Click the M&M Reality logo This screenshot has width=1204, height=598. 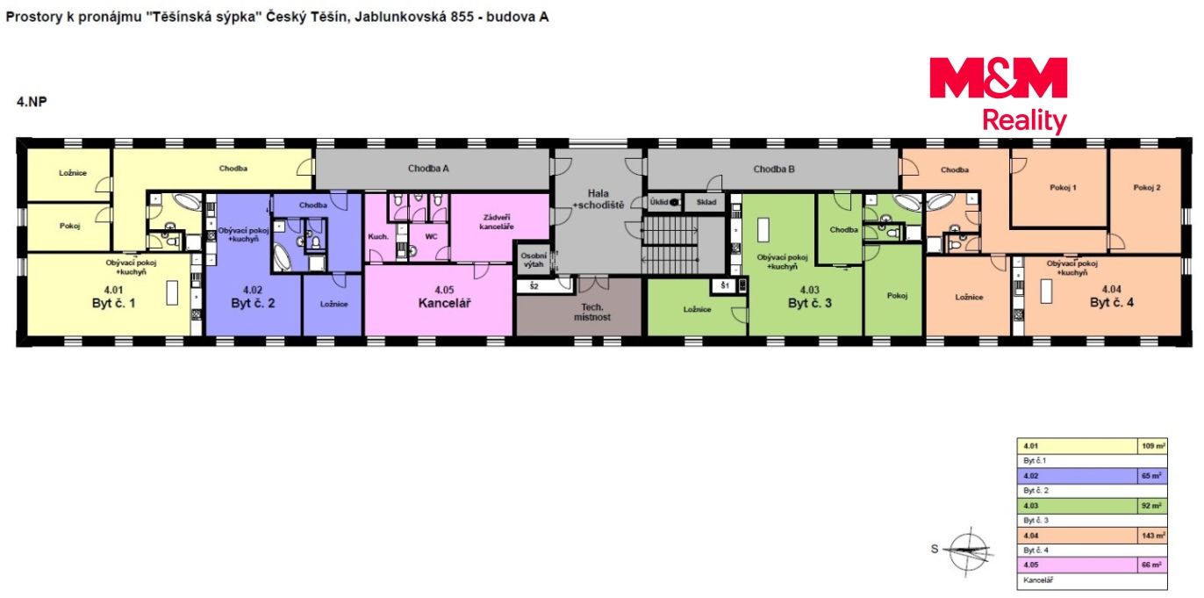pos(999,95)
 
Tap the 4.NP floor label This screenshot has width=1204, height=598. pos(32,102)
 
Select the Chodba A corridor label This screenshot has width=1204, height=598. pos(428,169)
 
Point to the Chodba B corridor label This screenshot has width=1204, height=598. pos(773,169)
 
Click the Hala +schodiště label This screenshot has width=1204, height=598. pos(598,199)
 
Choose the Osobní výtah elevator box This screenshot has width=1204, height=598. pos(534,260)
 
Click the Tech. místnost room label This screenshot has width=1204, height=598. pos(591,312)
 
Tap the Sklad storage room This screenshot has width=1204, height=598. pos(706,202)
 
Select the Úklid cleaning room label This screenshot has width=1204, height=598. pos(658,202)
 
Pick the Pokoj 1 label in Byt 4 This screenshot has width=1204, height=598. pos(1063,188)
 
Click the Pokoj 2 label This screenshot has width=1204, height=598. pos(1146,188)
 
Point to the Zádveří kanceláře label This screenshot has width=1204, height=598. pos(496,222)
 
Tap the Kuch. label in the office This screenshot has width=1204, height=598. pos(378,236)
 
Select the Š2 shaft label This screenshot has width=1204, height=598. pos(534,286)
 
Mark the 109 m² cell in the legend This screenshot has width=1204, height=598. pos(1152,446)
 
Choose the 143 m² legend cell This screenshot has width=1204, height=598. pos(1152,536)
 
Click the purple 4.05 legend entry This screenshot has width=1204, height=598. pos(1077,566)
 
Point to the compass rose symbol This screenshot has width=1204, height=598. pos(969,550)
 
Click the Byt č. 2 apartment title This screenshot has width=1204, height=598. pos(253,303)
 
